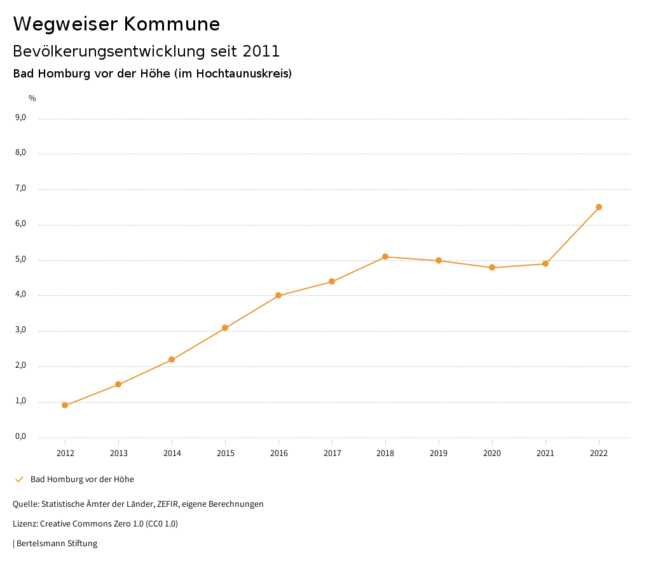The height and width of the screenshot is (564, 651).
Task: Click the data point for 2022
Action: [x=599, y=207]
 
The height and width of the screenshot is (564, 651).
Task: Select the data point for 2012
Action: [x=65, y=405]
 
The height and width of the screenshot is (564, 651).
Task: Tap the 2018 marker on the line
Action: [x=385, y=257]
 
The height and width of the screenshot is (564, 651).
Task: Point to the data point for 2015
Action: [x=225, y=328]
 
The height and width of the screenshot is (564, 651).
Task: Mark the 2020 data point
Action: [x=492, y=267]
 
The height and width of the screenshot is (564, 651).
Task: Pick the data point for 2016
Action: [x=278, y=295]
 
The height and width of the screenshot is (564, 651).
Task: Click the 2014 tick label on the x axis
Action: [x=172, y=453]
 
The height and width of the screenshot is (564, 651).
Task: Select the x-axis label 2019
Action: [x=439, y=453]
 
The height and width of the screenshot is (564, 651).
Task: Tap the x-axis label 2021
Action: [x=545, y=453]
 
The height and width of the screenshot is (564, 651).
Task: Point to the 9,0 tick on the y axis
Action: [x=20, y=117]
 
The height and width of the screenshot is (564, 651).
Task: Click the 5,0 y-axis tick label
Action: [x=20, y=259]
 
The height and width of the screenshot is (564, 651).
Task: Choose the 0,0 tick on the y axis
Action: [x=20, y=436]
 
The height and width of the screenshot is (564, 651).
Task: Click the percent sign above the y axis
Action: [x=32, y=98]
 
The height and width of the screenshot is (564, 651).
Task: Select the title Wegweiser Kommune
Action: [x=116, y=24]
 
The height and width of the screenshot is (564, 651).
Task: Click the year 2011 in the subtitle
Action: [x=261, y=51]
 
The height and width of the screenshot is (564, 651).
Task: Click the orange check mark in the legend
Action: [x=19, y=480]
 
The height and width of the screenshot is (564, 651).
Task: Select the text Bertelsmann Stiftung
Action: [x=57, y=544]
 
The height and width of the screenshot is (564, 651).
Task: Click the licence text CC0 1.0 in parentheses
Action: [x=161, y=524]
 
